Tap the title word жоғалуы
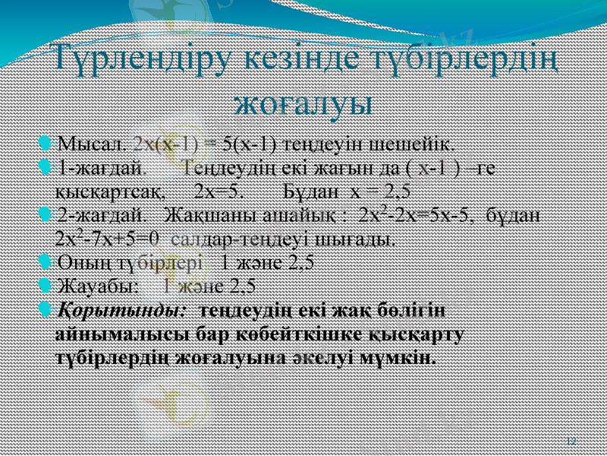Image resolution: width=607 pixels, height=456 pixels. tap(303, 101)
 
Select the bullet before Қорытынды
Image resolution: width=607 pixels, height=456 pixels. tap(45, 311)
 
